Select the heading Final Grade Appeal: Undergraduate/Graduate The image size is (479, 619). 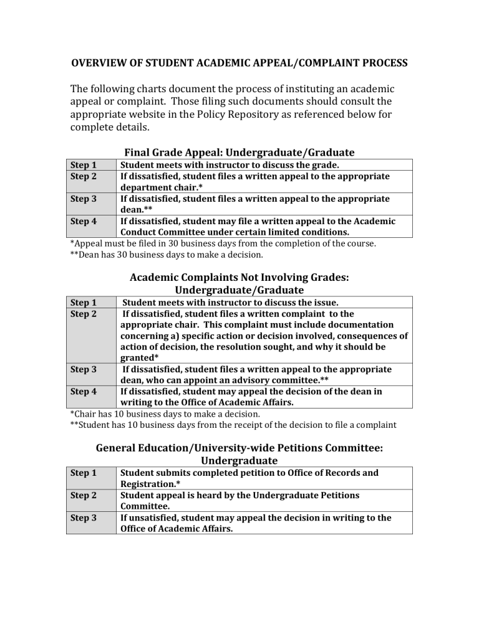[239, 152]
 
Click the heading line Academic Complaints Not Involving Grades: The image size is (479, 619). [239, 277]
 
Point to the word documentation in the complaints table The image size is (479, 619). [358, 324]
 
